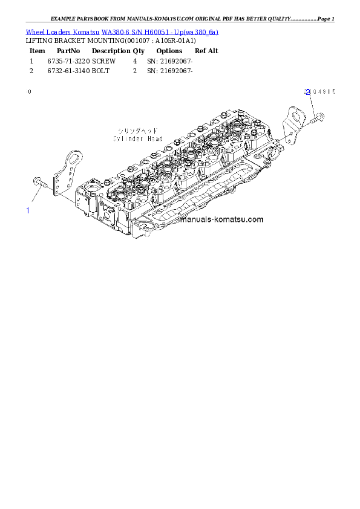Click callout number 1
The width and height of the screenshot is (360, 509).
28,210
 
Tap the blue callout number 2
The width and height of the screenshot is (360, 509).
307,92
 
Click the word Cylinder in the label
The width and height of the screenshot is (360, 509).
126,138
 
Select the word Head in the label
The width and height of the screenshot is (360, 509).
154,138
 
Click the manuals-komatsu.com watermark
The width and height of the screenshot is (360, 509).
221,219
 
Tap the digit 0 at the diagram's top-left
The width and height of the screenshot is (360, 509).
30,92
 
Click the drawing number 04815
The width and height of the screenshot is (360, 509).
323,92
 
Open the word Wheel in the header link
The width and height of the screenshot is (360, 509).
35,31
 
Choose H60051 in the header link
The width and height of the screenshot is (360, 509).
151,31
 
